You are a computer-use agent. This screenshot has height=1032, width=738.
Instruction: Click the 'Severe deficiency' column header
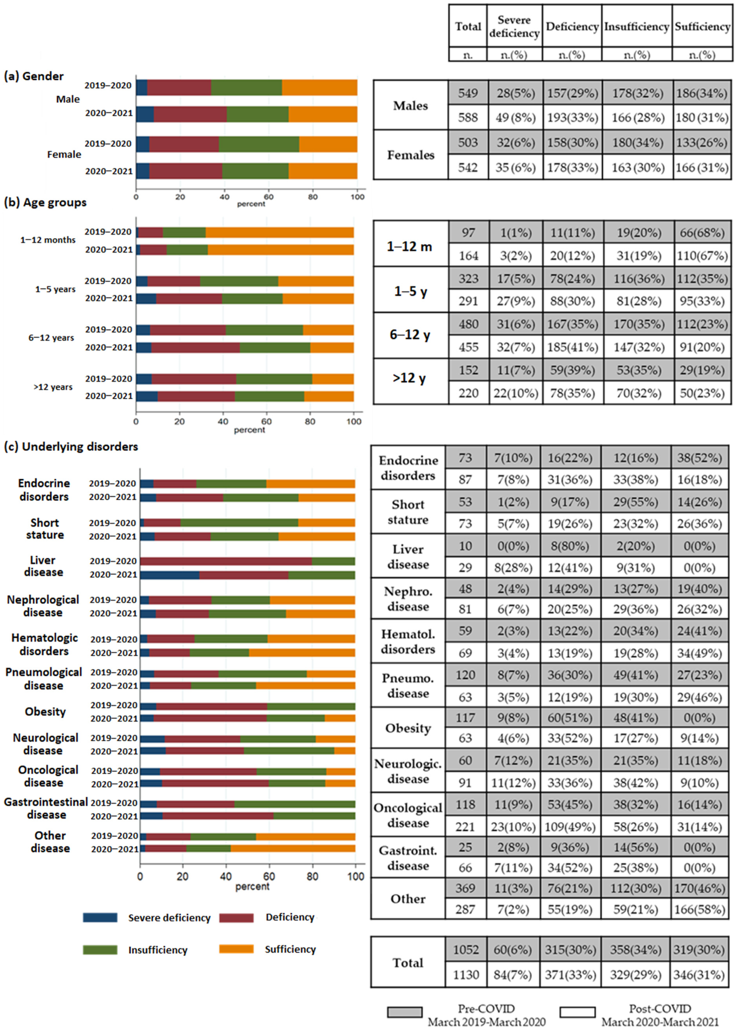coord(514,26)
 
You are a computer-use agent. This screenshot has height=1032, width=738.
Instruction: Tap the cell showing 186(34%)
coord(702,93)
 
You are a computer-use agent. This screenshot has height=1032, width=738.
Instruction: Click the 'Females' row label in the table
coord(410,155)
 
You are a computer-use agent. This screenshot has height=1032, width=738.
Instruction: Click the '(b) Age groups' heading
coord(46,202)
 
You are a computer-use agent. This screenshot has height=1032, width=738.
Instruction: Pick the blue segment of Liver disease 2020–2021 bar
coord(169,575)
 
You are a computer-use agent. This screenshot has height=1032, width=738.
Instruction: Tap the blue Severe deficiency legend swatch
coord(100,917)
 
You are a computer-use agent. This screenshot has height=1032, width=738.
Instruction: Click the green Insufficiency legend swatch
coord(100,950)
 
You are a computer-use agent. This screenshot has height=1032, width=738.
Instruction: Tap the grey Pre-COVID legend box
coord(404,1012)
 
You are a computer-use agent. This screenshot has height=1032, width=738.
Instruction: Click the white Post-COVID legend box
coord(577,1012)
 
